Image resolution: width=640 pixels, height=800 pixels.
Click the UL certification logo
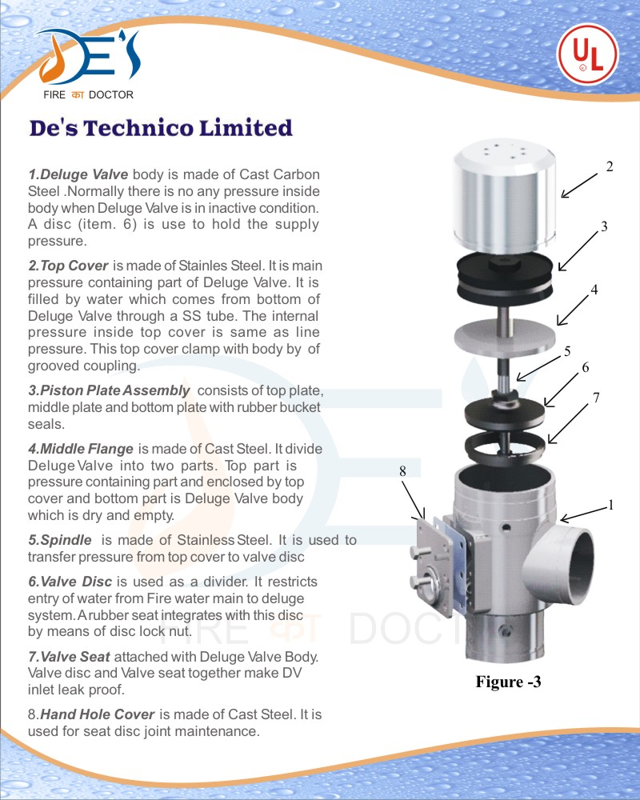coord(587,54)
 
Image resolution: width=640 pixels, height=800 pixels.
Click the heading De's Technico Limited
coord(161,128)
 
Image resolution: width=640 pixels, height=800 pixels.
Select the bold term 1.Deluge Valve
coord(78,174)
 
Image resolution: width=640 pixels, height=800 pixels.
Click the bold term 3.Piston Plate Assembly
coord(109,390)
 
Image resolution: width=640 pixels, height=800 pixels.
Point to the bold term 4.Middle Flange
coord(81,448)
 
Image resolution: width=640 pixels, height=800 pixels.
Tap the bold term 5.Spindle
coord(60,540)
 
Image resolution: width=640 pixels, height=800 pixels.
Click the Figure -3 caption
coord(508,682)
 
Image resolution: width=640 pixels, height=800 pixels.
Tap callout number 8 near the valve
coord(403,472)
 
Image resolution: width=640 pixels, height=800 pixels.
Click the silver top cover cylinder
coord(504,196)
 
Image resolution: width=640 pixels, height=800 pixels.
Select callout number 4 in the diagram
coord(595,290)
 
